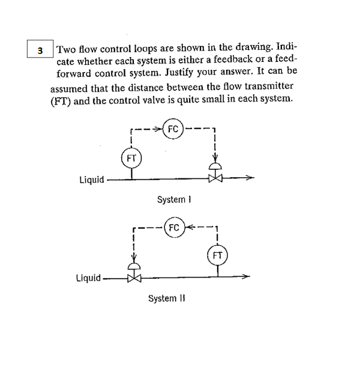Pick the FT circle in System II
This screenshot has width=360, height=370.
[218, 255]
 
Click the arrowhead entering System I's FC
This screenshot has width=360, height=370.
[160, 129]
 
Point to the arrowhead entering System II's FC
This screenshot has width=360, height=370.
[187, 228]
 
